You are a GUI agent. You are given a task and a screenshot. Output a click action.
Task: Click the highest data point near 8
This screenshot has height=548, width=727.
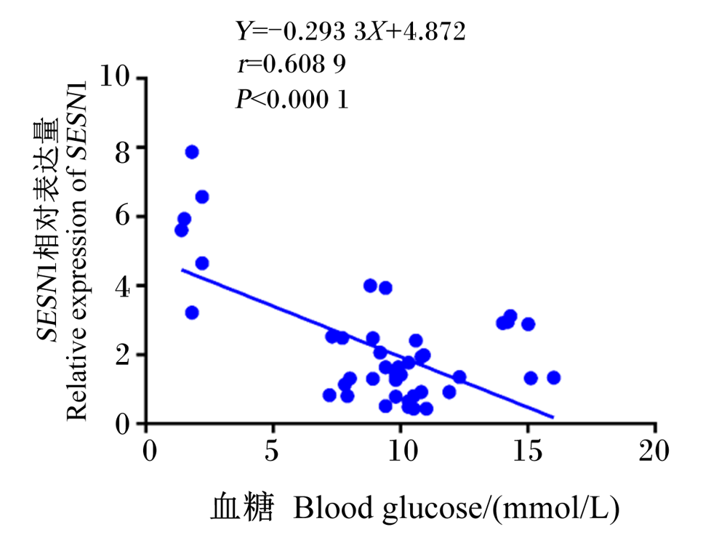pos(192,152)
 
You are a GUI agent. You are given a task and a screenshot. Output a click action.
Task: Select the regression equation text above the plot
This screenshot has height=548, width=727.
pos(350,31)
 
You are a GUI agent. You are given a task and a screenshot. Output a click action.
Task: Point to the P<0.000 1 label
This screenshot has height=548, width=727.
pos(292,99)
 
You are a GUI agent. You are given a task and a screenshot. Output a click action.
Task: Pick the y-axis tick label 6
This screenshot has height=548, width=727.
pos(123,217)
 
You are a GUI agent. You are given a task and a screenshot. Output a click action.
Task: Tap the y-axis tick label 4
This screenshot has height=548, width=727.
pos(123,286)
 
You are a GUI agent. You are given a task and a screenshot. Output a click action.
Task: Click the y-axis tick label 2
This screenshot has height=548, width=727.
pos(123,355)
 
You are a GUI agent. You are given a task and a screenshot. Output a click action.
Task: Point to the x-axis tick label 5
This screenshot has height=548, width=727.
pos(272,450)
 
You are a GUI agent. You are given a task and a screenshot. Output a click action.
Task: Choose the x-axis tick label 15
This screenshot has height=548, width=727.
pos(528,450)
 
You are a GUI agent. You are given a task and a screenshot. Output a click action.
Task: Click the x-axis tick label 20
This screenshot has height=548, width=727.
pos(654,450)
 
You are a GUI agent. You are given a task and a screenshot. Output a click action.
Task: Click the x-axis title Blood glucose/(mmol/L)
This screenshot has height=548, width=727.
pos(457,509)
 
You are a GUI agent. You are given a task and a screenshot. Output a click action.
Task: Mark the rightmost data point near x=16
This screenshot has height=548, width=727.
pos(553,378)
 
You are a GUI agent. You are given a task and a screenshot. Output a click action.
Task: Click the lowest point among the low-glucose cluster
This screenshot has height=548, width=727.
pos(192,313)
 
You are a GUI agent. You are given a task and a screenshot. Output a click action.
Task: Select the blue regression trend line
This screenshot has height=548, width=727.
pos(368,344)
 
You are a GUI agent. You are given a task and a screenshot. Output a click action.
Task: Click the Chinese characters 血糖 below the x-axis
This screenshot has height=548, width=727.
pos(242,508)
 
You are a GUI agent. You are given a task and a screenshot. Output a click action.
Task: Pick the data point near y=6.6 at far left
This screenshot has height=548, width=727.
pos(202,197)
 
